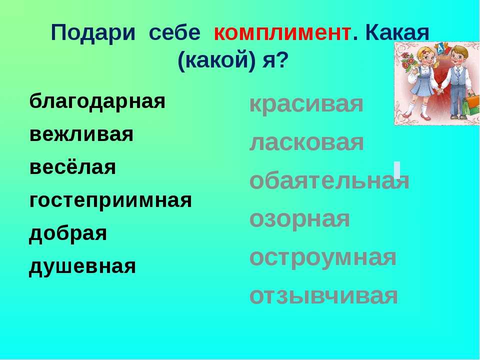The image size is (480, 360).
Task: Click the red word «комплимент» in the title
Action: [x=282, y=33]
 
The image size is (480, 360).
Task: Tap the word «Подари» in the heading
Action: [x=93, y=33]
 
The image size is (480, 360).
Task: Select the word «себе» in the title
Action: [x=174, y=33]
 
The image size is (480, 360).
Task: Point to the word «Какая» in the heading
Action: [x=397, y=32]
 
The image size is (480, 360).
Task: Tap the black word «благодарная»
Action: [x=97, y=101]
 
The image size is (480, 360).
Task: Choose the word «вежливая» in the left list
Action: [x=81, y=134]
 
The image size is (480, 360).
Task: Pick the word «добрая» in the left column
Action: [x=68, y=233]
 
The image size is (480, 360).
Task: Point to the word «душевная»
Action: [x=82, y=266]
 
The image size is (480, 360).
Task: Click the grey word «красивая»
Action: [x=306, y=104]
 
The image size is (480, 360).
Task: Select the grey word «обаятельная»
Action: [x=329, y=180]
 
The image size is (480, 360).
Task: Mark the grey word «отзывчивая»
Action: [x=324, y=296]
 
